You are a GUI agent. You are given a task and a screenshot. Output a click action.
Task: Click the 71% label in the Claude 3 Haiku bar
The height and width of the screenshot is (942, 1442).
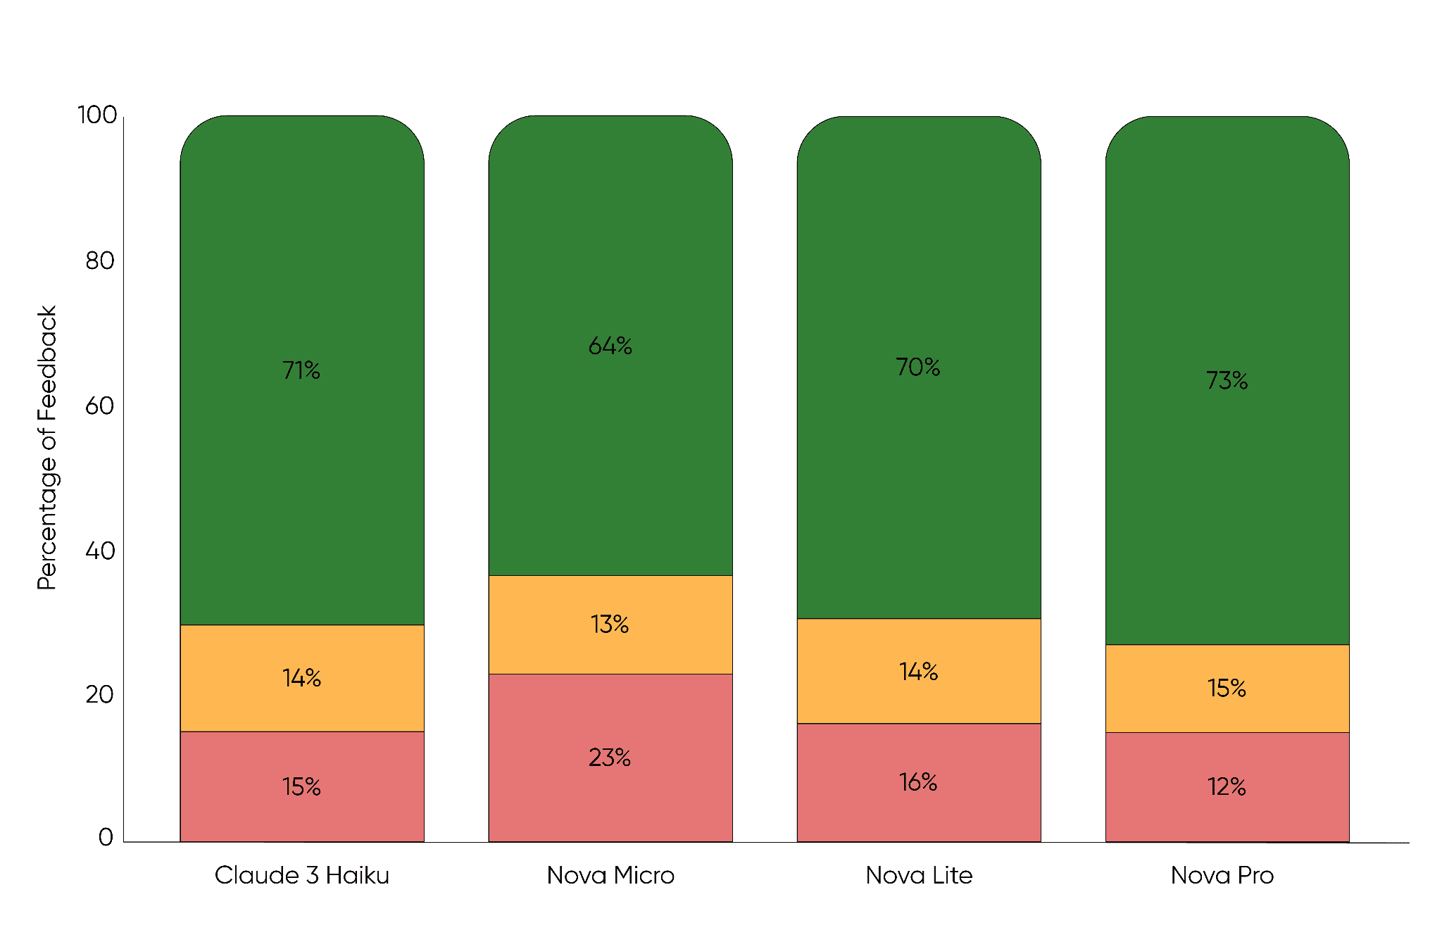(x=301, y=370)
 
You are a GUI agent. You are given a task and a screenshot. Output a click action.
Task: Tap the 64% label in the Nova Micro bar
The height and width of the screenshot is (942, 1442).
(x=610, y=346)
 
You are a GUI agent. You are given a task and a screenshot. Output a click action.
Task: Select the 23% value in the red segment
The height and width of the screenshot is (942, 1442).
(x=610, y=758)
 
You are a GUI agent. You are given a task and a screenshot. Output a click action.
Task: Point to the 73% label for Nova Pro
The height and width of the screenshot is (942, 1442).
(x=1227, y=380)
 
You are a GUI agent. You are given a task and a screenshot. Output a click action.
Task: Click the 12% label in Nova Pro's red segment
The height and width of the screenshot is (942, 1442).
(x=1227, y=786)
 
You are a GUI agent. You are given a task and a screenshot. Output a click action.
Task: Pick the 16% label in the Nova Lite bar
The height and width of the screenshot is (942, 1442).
(x=918, y=782)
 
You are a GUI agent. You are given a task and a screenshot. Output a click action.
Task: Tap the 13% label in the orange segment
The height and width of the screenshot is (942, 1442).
(x=610, y=624)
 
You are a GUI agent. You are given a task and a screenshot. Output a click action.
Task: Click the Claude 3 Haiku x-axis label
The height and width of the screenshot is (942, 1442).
(x=302, y=875)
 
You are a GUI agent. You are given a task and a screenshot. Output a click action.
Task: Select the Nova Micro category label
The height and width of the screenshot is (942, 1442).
(x=610, y=875)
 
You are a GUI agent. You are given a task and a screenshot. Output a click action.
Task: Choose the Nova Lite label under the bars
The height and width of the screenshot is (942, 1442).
(x=919, y=875)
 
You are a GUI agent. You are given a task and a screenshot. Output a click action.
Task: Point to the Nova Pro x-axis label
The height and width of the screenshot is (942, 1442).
(x=1222, y=875)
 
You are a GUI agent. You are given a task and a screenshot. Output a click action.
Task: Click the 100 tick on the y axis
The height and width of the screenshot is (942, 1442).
(x=97, y=115)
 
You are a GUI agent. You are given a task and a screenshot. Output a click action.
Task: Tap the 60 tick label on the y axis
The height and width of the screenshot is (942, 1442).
(x=99, y=406)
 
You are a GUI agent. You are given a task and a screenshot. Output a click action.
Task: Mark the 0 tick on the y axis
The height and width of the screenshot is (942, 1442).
(x=106, y=837)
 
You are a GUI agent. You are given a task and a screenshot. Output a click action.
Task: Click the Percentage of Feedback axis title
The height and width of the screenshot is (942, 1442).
(x=46, y=448)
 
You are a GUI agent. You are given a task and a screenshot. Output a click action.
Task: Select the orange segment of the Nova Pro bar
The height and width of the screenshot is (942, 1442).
(x=1227, y=689)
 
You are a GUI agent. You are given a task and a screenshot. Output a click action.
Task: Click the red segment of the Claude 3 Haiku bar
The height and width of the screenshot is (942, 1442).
(x=302, y=786)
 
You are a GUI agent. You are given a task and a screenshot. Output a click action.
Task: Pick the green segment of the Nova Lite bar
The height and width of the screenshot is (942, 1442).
(x=919, y=368)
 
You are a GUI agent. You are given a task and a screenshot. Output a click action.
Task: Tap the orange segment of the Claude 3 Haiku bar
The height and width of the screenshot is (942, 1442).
(x=302, y=678)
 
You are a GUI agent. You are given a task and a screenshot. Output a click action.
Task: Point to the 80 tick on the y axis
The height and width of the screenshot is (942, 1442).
(x=99, y=261)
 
